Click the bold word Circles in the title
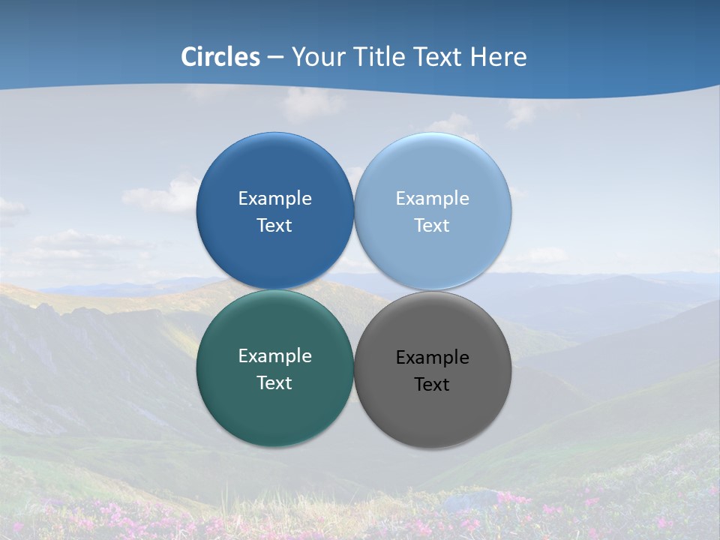pyautogui.click(x=220, y=57)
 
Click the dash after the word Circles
pyautogui.click(x=275, y=58)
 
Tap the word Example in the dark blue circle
pyautogui.click(x=274, y=198)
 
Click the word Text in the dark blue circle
pyautogui.click(x=274, y=226)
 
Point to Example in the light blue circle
pyautogui.click(x=432, y=198)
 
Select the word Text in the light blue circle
pyautogui.click(x=432, y=226)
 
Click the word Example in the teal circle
pyautogui.click(x=274, y=355)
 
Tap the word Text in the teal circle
pyautogui.click(x=274, y=383)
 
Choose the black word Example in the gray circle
pyautogui.click(x=432, y=357)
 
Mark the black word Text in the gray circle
pyautogui.click(x=432, y=385)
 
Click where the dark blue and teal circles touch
pyautogui.click(x=274, y=290)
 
